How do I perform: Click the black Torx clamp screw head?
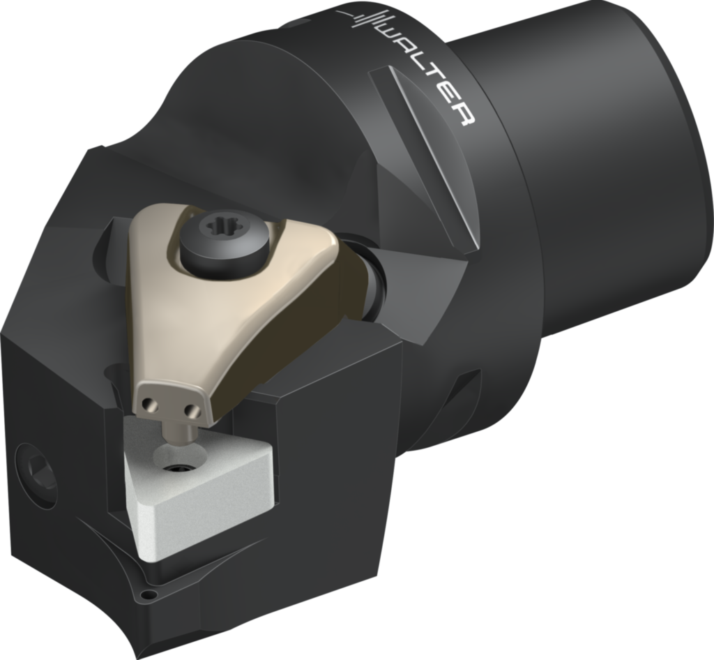(224, 240)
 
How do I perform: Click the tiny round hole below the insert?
(149, 595)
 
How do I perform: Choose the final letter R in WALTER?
(464, 114)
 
